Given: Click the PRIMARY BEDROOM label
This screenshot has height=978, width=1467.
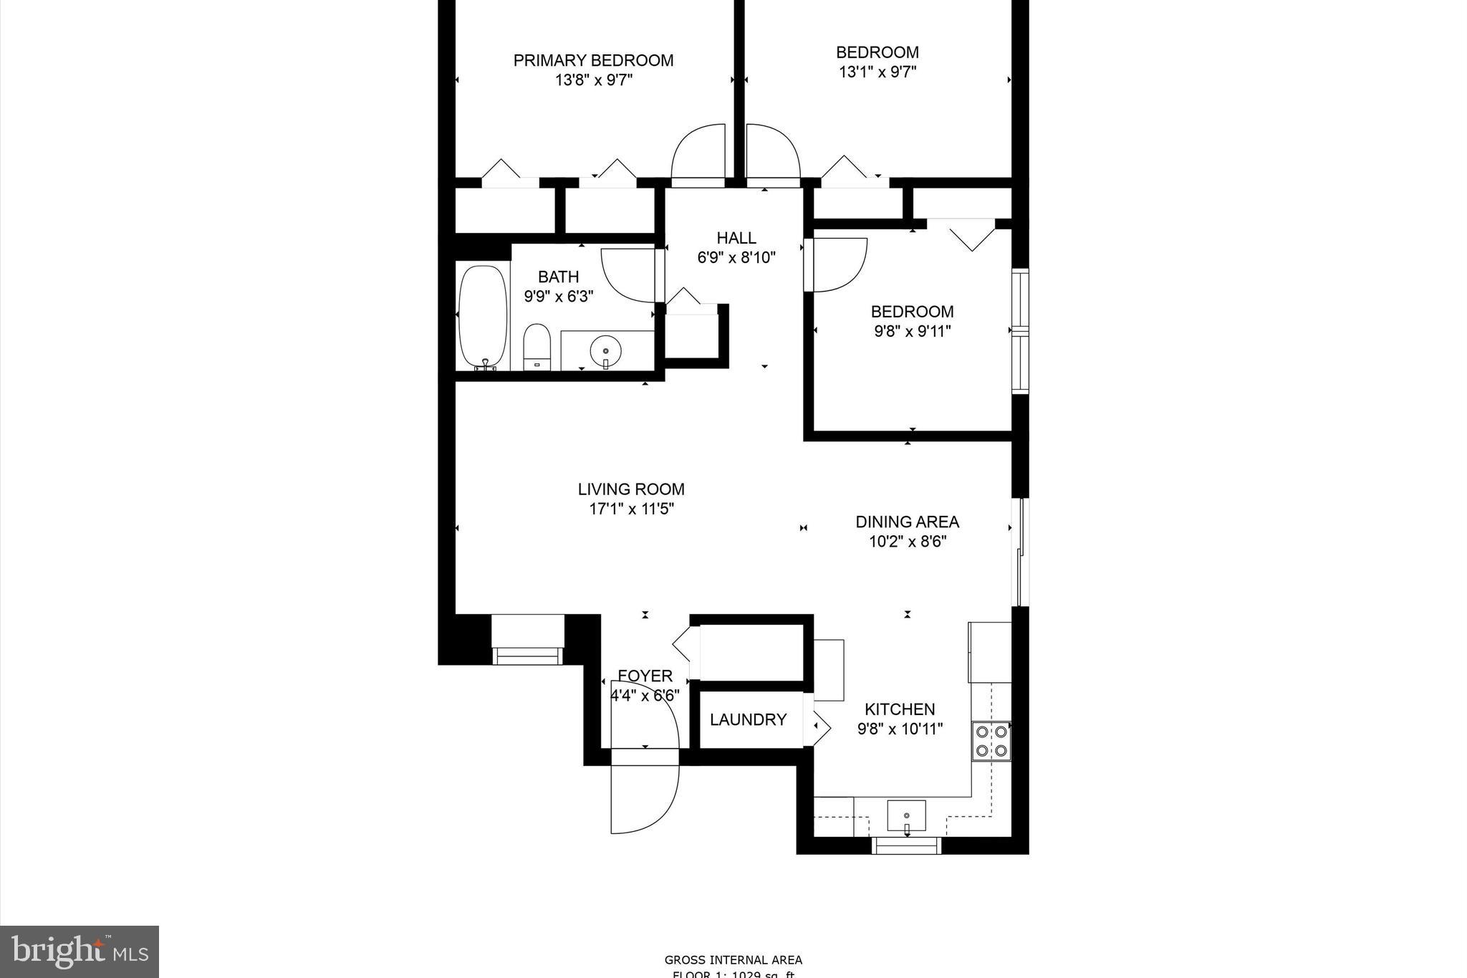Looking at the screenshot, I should (593, 60).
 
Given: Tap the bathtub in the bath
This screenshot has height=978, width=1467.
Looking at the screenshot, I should (483, 317).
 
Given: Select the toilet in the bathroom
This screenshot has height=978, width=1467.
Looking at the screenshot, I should (536, 347).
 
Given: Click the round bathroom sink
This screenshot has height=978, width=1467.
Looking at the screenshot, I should (606, 351).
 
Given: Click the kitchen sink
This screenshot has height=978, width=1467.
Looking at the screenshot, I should (906, 815).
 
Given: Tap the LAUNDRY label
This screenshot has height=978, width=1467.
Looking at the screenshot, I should (748, 719).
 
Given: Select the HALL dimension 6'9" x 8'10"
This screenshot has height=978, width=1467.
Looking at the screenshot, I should (736, 258).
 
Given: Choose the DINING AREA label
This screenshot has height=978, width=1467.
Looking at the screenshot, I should (907, 522).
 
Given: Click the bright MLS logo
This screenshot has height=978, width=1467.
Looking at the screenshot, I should (80, 951).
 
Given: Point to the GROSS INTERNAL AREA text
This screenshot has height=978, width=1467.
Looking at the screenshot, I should (733, 960).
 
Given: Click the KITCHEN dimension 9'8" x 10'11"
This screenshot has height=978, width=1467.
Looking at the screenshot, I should (900, 729).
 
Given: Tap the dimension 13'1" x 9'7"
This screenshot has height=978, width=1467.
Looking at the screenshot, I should (877, 72).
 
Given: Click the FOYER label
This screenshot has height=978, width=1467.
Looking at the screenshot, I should (645, 676).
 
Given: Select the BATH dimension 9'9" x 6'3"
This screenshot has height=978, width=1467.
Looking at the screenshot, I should (558, 297).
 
